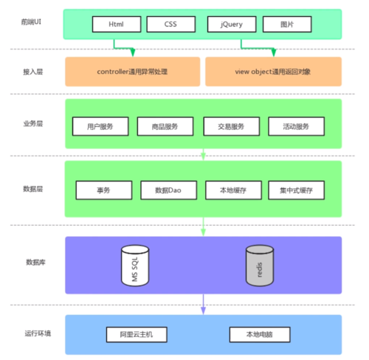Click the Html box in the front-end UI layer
(x=116, y=24)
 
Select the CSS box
(x=170, y=24)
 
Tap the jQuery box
(x=231, y=24)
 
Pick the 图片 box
(x=286, y=24)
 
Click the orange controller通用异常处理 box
(x=133, y=72)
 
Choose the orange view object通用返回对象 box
(x=273, y=72)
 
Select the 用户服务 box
(x=100, y=126)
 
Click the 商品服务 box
(x=165, y=126)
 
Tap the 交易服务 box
(x=230, y=126)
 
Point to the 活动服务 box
(x=296, y=126)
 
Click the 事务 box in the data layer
(x=103, y=190)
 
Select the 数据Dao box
(x=168, y=190)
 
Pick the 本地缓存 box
(x=231, y=190)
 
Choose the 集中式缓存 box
(x=296, y=190)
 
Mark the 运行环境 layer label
(x=38, y=333)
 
